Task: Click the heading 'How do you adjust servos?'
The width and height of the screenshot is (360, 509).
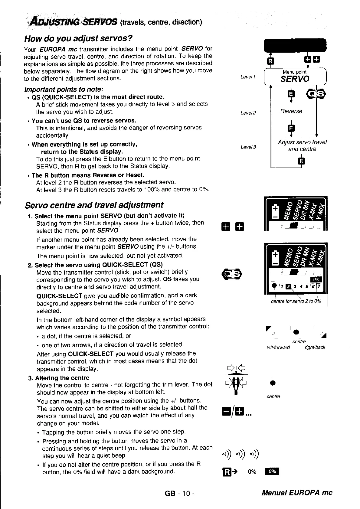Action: coord(78,39)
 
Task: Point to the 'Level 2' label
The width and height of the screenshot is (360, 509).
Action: coord(248,113)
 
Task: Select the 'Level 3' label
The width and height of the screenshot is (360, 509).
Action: coord(248,147)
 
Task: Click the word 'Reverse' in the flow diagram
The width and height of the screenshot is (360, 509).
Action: coord(291,111)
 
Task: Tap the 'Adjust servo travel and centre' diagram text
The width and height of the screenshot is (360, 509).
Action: coord(302,145)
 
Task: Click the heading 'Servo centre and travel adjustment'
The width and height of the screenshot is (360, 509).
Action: coord(94,205)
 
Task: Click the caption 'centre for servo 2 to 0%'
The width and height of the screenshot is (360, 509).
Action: coord(296,301)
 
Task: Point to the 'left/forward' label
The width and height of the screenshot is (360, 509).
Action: coord(278,347)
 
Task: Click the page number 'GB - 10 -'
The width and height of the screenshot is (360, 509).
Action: coord(179,494)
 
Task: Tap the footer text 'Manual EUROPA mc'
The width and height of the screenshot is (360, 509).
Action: coord(297,493)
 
